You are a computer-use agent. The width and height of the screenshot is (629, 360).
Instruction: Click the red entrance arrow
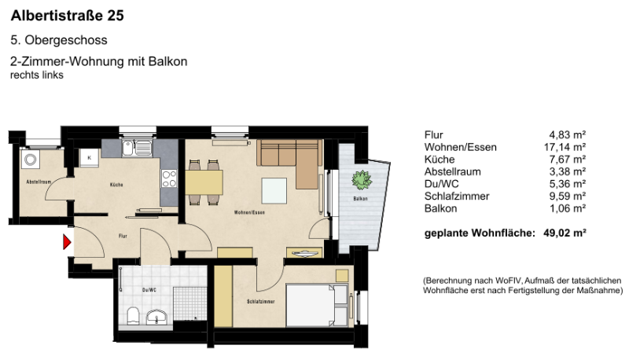(68, 243)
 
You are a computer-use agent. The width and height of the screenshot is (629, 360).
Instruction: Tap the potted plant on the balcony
(362, 178)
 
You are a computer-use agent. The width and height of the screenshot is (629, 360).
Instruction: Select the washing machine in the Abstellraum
(31, 160)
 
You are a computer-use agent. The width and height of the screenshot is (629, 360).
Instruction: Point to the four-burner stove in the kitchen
(169, 178)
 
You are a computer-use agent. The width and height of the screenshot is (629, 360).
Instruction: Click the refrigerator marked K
(90, 157)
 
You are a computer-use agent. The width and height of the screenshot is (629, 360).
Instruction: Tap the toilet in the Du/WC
(133, 316)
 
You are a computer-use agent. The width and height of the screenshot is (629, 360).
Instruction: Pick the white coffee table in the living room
(275, 190)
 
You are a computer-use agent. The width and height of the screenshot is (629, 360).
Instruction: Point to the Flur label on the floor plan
(123, 235)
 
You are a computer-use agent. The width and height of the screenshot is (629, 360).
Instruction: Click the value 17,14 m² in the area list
(567, 147)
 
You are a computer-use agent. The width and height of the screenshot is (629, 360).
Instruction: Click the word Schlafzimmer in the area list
(457, 197)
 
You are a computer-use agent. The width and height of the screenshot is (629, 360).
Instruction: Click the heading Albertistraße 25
(67, 15)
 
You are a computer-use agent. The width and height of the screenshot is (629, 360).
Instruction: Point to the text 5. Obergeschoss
(59, 40)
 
